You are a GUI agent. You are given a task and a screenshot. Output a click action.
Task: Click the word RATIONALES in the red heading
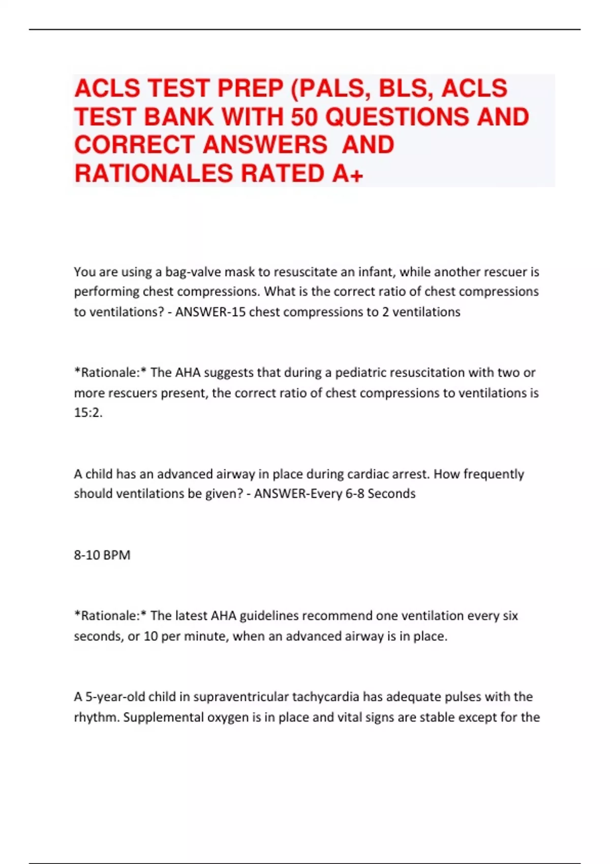(154, 174)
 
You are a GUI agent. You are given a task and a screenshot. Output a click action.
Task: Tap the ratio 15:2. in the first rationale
(88, 413)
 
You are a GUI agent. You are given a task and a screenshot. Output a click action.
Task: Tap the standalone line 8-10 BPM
(102, 554)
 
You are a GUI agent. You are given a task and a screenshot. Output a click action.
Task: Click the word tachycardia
(325, 696)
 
